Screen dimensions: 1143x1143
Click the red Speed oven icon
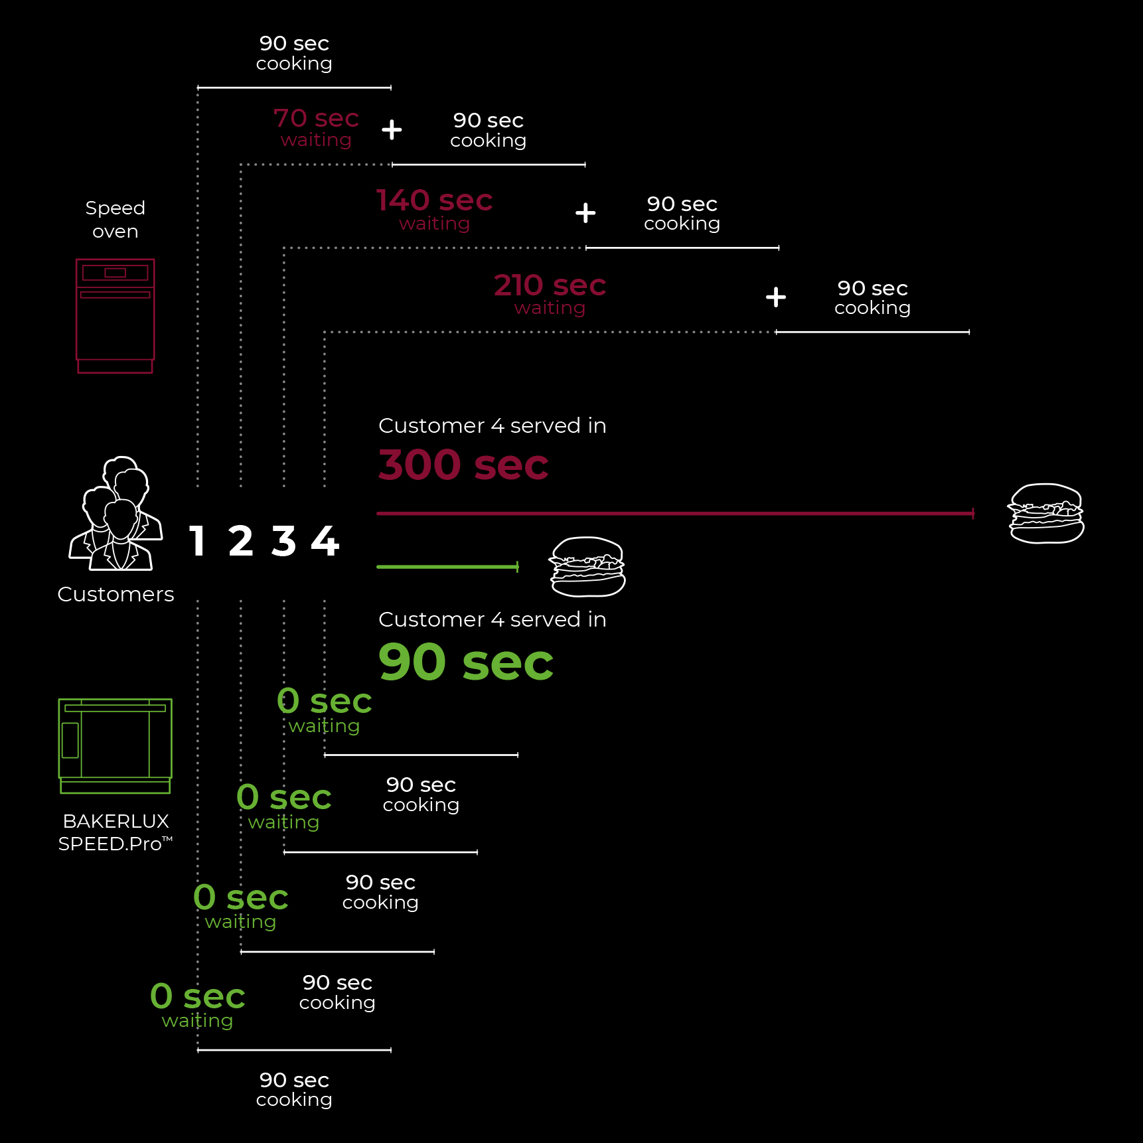coord(115,315)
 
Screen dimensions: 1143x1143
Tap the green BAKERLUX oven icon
coord(115,745)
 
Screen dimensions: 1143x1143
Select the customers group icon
coord(115,514)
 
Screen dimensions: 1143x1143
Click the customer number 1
coord(196,541)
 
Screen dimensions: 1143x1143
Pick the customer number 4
coord(325,541)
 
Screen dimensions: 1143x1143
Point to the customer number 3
coord(283,541)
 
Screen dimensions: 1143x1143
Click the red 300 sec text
coord(463,465)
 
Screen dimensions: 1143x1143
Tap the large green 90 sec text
coord(465,662)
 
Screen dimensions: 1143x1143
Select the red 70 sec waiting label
coord(316,127)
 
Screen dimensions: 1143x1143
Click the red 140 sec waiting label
coord(434,209)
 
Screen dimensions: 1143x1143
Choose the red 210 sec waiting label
coord(550,294)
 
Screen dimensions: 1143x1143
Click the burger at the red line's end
coord(1046,514)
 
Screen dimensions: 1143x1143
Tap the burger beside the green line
coord(587,567)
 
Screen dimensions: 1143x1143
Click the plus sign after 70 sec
coord(392,129)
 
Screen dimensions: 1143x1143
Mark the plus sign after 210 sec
coord(775,297)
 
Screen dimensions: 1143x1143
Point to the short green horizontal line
coord(447,567)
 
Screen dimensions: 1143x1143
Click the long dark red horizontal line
coord(674,513)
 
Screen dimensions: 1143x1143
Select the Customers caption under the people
coord(115,594)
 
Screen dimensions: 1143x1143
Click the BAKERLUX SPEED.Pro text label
coord(115,832)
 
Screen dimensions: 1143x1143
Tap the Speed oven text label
coord(115,219)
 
